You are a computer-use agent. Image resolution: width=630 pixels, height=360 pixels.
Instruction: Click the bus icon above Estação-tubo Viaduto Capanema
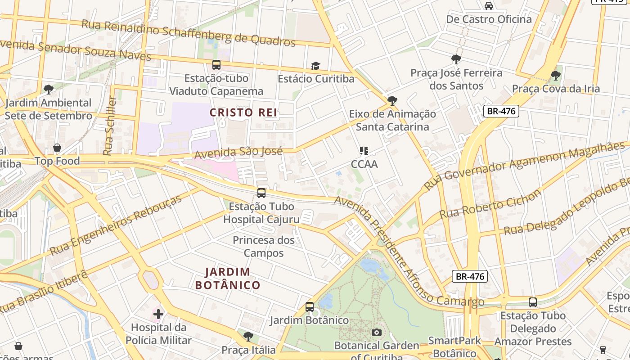point(216,65)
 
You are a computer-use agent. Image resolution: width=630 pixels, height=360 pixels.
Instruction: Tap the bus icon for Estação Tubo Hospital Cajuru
point(261,193)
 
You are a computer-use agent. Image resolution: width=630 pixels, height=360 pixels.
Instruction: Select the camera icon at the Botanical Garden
point(377,333)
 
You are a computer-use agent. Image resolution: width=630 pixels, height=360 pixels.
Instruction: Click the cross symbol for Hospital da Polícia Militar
point(158,314)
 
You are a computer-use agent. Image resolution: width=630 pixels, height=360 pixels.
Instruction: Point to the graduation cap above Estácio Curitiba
point(315,66)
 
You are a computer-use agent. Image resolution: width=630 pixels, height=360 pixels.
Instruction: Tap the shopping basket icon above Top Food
point(57,148)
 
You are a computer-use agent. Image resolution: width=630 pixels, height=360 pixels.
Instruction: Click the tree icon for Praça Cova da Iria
point(556,75)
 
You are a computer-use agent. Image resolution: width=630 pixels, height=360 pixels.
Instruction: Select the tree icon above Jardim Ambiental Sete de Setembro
point(48,90)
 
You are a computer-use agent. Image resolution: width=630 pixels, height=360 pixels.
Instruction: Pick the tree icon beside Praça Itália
point(248,336)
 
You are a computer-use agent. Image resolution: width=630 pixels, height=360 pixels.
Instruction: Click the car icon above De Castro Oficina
point(489,6)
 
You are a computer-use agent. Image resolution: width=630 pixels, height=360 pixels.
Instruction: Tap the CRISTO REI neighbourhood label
point(243,113)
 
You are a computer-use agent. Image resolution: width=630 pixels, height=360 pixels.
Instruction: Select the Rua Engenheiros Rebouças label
point(116,225)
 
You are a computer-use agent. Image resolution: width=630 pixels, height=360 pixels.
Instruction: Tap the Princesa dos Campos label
point(264,247)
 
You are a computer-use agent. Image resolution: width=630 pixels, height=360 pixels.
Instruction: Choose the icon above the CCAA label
point(364,151)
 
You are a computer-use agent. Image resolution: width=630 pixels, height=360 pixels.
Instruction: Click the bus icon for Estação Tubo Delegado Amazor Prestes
point(533,302)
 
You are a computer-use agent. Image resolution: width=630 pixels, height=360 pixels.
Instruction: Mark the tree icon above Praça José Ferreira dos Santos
point(456,59)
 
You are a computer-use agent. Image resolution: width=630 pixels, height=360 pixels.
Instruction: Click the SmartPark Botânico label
point(454,347)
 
